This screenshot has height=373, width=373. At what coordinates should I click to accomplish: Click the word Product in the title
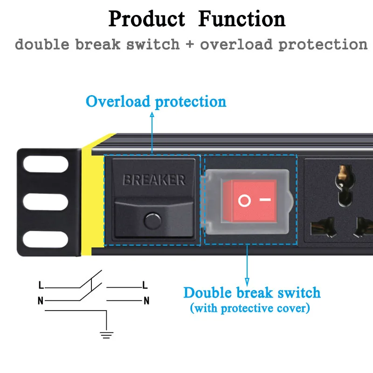click(x=146, y=20)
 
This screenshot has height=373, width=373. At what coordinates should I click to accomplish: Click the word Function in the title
click(x=242, y=20)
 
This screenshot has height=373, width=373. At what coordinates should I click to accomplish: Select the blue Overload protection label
click(x=156, y=102)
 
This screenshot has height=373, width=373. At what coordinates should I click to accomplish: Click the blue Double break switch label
click(x=252, y=293)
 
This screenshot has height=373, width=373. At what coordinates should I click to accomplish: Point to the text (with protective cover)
click(x=250, y=308)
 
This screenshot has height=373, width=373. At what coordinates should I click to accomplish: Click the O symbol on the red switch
click(x=244, y=201)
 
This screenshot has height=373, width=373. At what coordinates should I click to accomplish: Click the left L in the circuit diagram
click(x=41, y=285)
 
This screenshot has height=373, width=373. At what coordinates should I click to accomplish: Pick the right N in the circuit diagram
click(x=146, y=301)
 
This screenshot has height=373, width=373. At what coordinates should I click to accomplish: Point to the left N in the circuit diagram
click(x=41, y=301)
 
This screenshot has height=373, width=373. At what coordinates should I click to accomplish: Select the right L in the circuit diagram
click(x=145, y=285)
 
